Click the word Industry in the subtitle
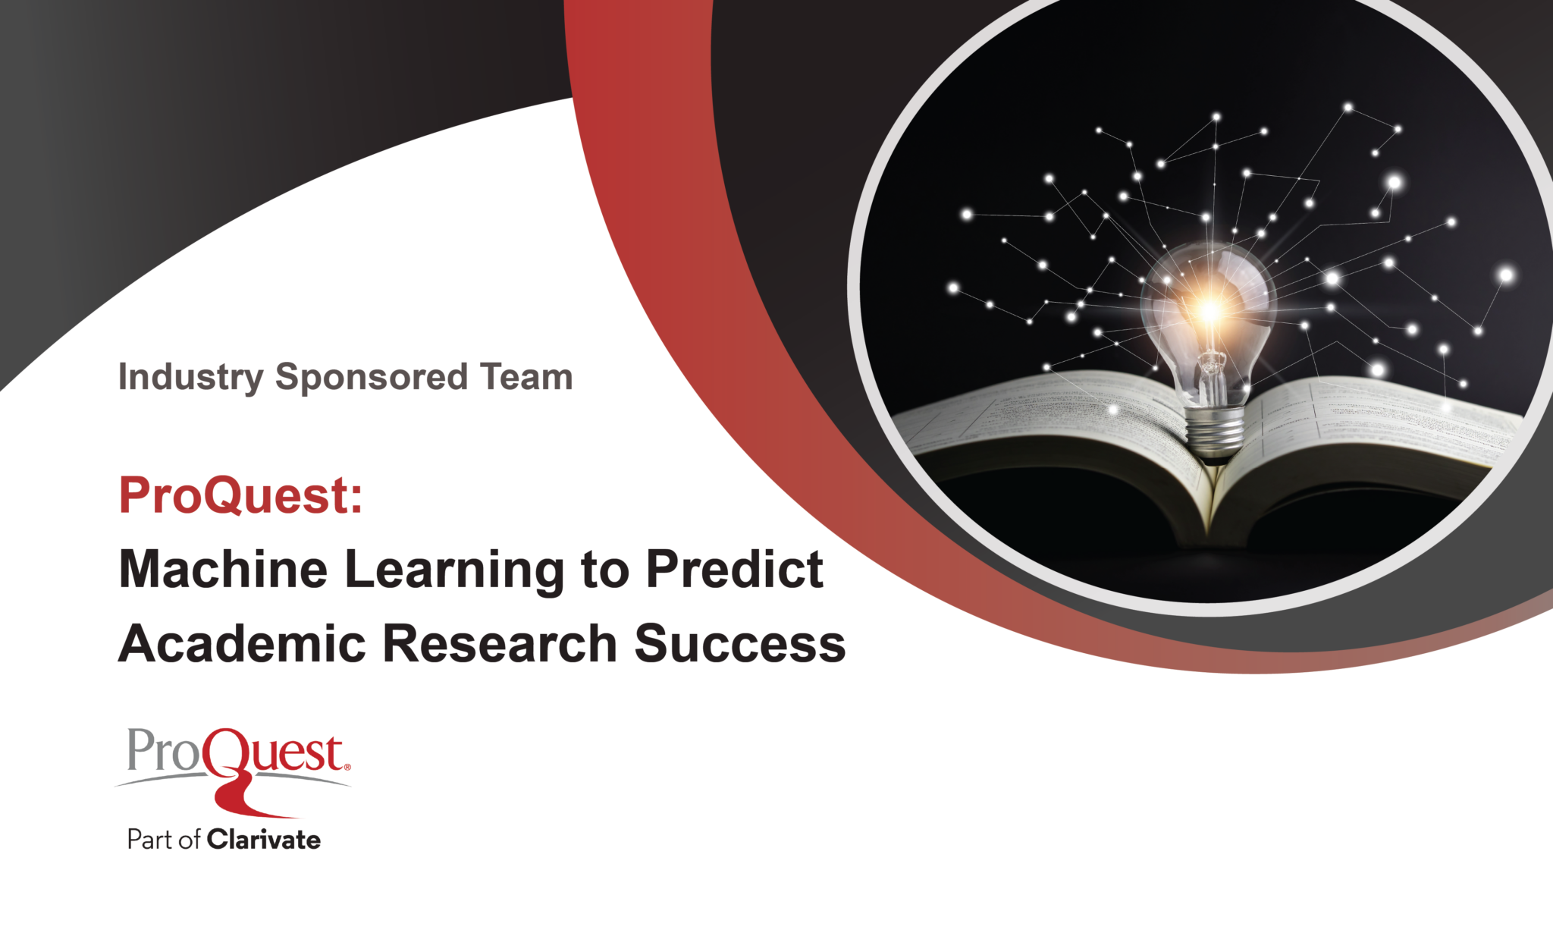191,378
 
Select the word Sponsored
372,378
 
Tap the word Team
526,377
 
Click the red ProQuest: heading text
241,495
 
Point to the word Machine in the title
224,569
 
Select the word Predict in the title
735,569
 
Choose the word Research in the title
500,643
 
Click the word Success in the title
740,643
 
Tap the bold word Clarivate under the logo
264,840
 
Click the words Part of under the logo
164,840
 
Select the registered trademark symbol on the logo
347,767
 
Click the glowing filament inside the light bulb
1210,310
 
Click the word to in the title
605,570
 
